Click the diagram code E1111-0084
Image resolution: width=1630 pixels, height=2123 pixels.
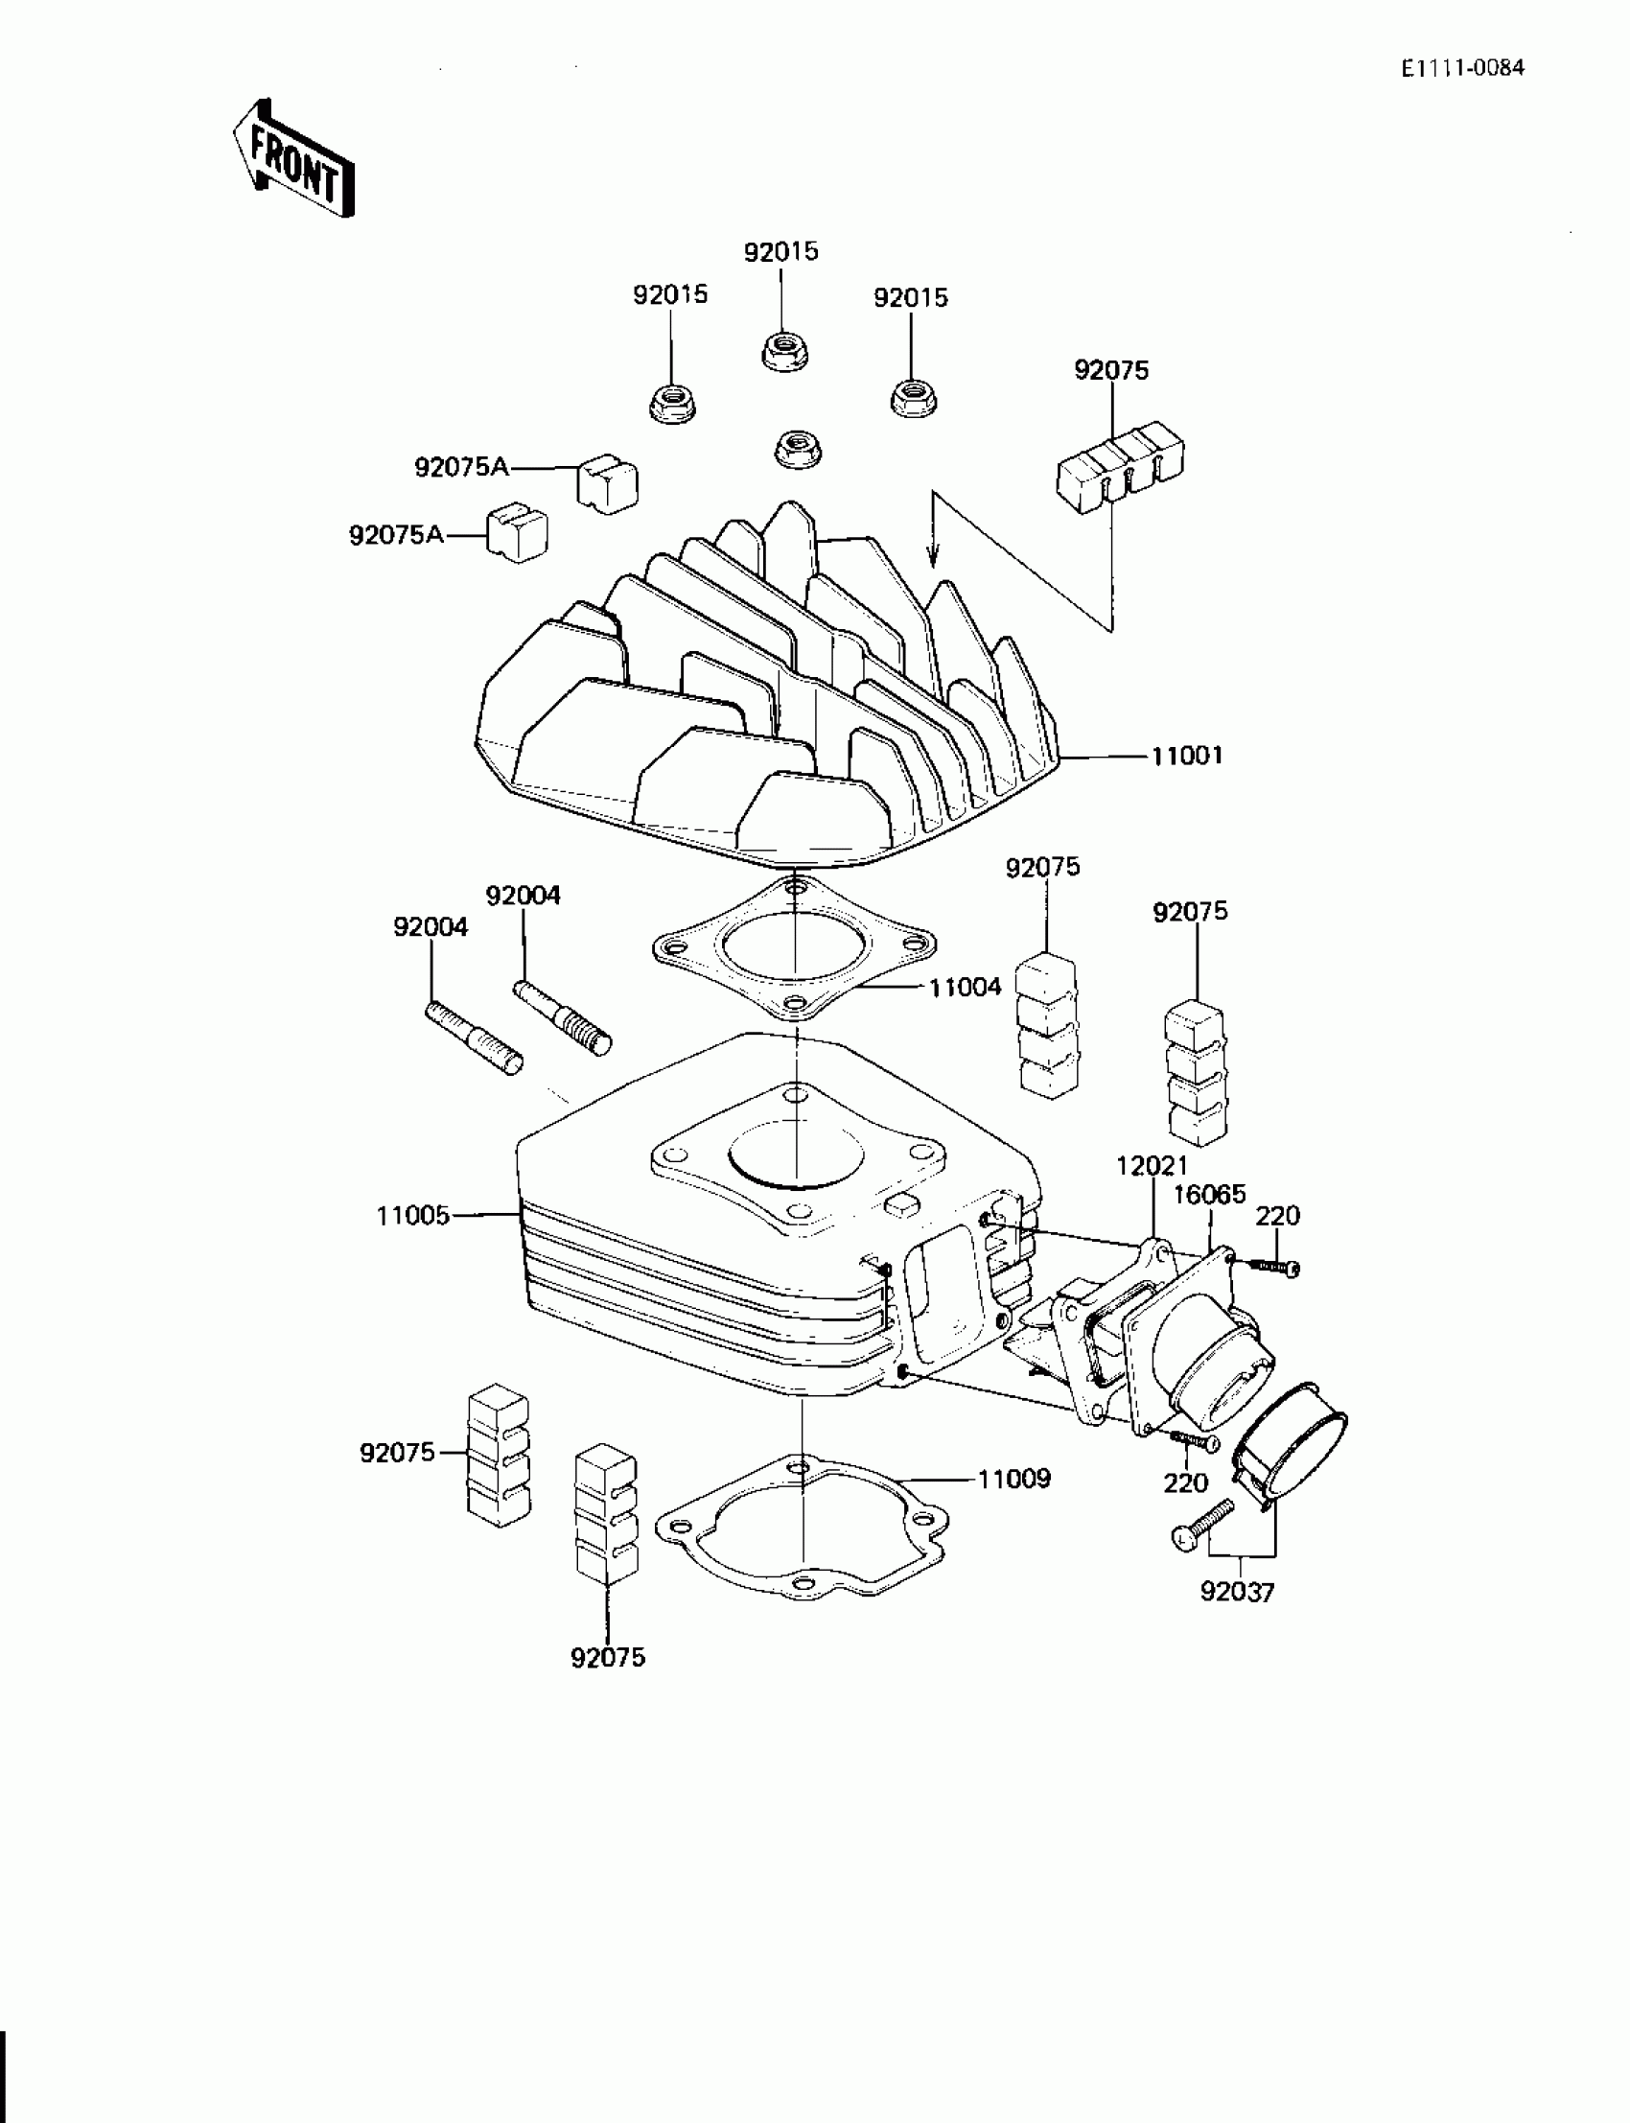click(x=1462, y=68)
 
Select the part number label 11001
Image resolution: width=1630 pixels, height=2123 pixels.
click(x=1187, y=756)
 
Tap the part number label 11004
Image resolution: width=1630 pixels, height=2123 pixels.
click(x=965, y=988)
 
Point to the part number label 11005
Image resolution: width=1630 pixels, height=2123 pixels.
click(x=413, y=1215)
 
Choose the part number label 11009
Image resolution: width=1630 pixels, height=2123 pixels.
click(x=1013, y=1480)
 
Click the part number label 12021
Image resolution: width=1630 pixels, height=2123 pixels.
click(x=1151, y=1166)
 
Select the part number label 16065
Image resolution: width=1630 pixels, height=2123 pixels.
click(x=1209, y=1195)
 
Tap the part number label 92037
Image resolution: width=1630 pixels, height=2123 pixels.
click(x=1237, y=1592)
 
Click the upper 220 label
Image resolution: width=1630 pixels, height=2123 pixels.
click(x=1278, y=1216)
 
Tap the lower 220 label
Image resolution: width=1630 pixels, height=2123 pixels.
click(x=1186, y=1483)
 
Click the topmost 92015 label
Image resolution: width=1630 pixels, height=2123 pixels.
click(x=781, y=252)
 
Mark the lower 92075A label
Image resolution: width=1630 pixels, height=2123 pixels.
click(x=397, y=535)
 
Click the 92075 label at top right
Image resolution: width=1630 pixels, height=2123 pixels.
click(x=1111, y=371)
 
